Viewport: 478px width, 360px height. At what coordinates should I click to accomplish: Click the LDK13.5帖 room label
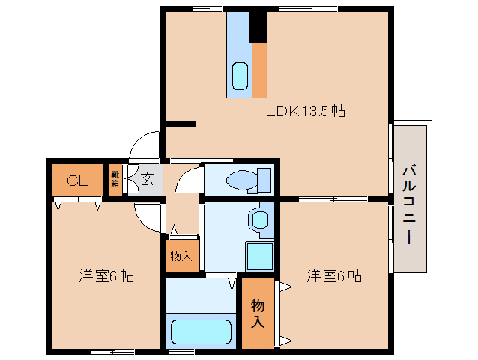point(305,111)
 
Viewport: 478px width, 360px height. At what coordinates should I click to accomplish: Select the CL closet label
point(76,180)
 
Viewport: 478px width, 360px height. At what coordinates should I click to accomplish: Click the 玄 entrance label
point(147,180)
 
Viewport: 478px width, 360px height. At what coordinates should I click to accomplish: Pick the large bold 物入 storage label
point(257,313)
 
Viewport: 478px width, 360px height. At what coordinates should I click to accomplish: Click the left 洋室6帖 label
point(106,275)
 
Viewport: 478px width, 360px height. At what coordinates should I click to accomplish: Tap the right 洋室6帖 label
point(333,275)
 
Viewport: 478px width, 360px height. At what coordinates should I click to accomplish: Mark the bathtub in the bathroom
point(201,331)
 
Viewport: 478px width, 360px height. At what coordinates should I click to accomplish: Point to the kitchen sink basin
point(240,76)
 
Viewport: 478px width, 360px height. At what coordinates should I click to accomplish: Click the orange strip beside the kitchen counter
point(259,70)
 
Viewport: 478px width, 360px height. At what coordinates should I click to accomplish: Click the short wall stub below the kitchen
point(180,123)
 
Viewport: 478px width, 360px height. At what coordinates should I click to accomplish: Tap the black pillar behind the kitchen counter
point(258,27)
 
